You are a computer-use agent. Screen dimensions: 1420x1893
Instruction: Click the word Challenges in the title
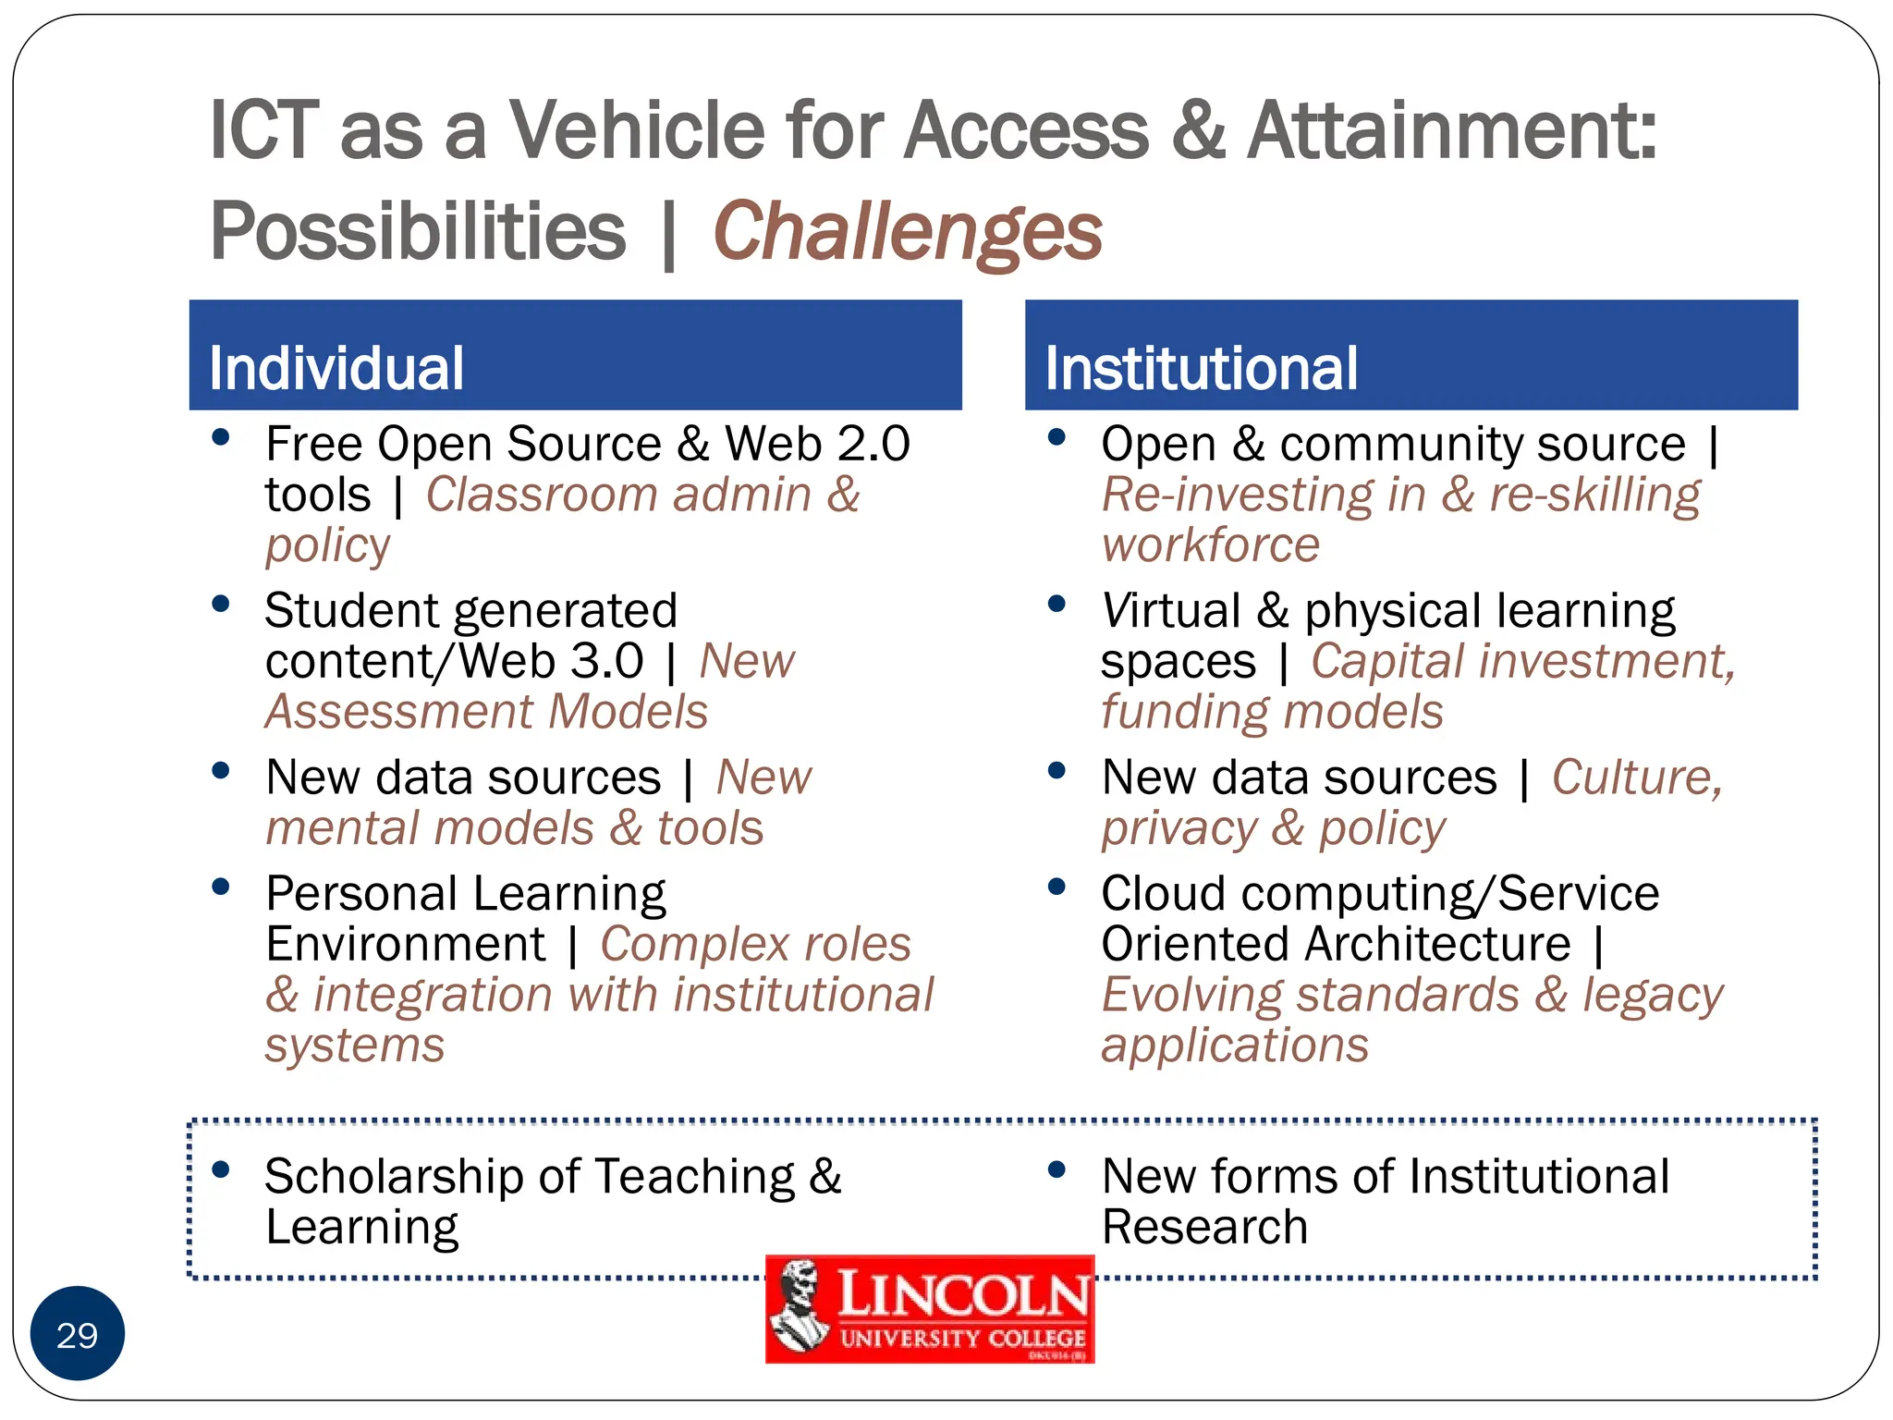click(x=907, y=231)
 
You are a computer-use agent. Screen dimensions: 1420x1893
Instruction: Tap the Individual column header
click(x=336, y=368)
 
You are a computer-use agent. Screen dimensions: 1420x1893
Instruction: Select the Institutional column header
click(x=1201, y=368)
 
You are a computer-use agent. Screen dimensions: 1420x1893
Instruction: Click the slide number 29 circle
click(x=78, y=1334)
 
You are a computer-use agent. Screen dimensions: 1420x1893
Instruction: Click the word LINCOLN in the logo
click(x=962, y=1293)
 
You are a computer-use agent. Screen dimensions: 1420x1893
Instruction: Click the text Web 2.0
click(x=817, y=444)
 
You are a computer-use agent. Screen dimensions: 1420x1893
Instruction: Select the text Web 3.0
click(x=551, y=661)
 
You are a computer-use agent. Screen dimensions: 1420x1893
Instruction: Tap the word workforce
click(x=1210, y=545)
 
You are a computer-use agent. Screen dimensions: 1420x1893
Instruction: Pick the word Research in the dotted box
click(x=1204, y=1228)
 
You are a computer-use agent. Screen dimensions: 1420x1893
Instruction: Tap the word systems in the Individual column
click(x=355, y=1047)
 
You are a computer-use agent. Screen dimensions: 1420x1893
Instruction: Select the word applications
click(x=1234, y=1047)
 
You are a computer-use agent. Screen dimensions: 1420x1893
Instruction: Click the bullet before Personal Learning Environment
click(x=220, y=887)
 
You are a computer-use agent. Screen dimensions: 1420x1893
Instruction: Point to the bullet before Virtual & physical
click(x=1056, y=605)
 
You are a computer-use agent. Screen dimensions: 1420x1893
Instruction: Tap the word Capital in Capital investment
click(x=1387, y=661)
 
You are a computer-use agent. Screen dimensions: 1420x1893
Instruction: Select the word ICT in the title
click(x=263, y=130)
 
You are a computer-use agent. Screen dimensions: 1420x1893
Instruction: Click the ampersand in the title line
click(x=1198, y=130)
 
